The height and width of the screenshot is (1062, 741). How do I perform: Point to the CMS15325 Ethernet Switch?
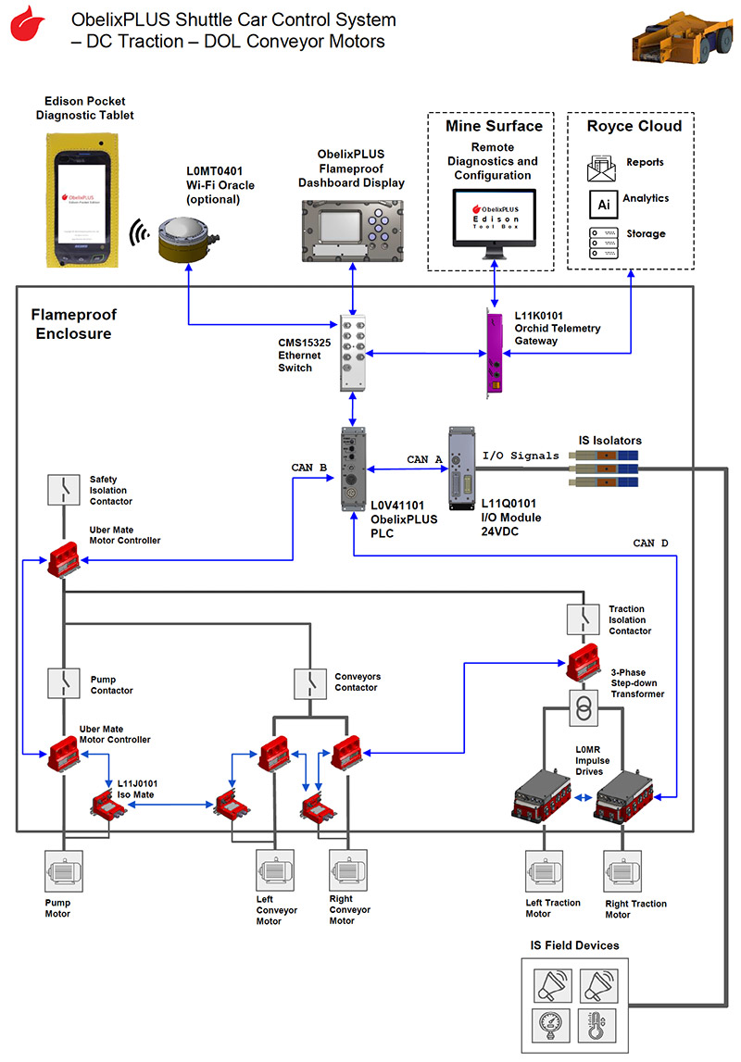coord(355,352)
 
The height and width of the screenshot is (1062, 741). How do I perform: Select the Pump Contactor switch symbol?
coord(64,682)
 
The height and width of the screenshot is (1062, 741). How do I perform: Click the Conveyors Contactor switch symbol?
coord(308,682)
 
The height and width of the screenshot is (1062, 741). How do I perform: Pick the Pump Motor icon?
coord(63,870)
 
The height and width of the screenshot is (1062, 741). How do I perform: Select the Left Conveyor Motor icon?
coord(275,870)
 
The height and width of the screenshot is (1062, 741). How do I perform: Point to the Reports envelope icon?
coord(602,166)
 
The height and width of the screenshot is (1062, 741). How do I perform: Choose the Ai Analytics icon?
coord(602,201)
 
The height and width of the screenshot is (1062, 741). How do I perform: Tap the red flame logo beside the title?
coord(28,25)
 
